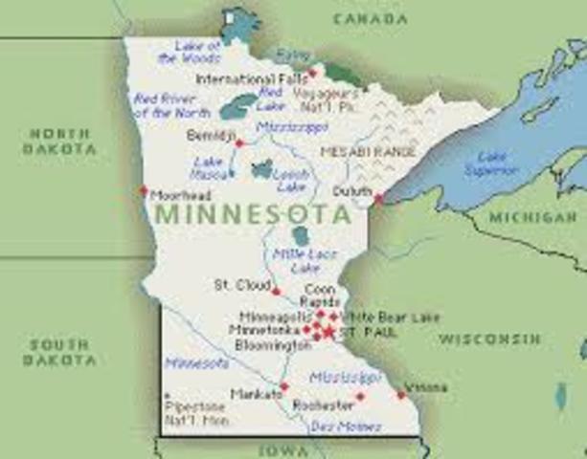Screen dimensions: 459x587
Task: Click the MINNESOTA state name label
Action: tap(251, 213)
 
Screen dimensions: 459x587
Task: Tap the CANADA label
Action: tap(370, 18)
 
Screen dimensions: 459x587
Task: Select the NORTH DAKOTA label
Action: tap(61, 142)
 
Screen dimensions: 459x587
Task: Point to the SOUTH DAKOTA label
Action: tap(61, 352)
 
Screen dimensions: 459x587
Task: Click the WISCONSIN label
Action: tap(490, 339)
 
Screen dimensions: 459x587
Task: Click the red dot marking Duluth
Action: tap(378, 199)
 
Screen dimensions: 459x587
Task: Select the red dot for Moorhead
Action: tap(144, 189)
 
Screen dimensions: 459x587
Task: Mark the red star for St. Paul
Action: tap(328, 332)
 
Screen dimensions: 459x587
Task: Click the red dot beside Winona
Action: tap(399, 393)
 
